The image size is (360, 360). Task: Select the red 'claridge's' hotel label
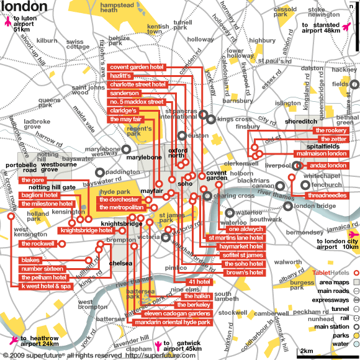point(124,110)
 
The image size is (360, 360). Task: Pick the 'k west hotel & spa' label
point(47,287)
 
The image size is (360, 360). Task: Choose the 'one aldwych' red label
point(246,229)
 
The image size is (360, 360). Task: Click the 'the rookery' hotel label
point(330,130)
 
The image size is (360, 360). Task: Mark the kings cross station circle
point(212,119)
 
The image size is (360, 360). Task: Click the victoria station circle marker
point(166,236)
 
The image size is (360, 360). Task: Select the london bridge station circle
point(287,206)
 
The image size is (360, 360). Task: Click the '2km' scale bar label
point(306,351)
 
